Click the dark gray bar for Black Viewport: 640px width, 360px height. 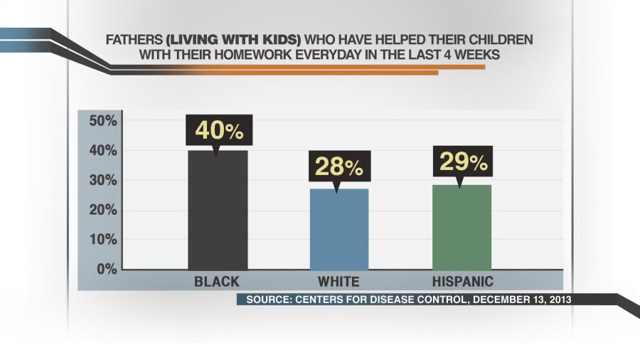point(218,210)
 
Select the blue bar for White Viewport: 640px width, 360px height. point(338,229)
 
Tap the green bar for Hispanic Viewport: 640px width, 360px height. point(462,227)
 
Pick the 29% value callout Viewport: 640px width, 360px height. point(462,163)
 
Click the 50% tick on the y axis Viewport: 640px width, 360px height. point(102,121)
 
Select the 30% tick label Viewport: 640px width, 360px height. point(102,181)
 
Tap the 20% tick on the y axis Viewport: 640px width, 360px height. point(102,211)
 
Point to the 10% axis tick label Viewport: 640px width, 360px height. point(102,240)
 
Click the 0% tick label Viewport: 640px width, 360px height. point(106,269)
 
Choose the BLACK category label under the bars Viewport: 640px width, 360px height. point(217,281)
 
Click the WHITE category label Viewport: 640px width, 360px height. point(338,281)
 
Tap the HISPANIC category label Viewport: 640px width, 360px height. point(462,281)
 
